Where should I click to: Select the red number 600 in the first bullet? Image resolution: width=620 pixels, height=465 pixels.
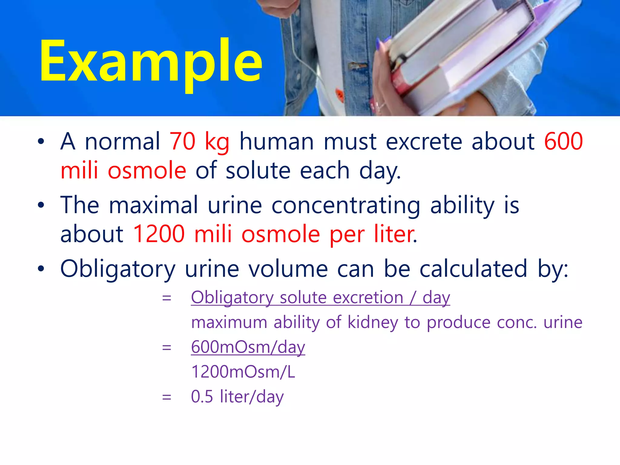[x=563, y=141]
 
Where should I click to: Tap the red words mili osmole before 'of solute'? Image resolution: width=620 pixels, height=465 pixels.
[x=123, y=170]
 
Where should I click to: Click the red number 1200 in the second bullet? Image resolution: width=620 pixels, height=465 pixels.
[x=159, y=234]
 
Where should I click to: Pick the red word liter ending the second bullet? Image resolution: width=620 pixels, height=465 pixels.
[x=395, y=234]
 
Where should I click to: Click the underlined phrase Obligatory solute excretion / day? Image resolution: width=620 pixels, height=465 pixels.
[x=320, y=298]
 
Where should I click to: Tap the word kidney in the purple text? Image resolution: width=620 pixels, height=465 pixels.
[x=372, y=322]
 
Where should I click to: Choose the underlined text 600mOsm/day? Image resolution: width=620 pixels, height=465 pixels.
[x=248, y=347]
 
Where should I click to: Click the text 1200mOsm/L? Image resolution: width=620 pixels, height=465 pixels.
[x=243, y=372]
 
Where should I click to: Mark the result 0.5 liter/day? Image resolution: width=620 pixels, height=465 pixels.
[x=237, y=397]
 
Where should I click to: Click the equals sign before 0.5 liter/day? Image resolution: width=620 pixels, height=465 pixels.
[x=167, y=397]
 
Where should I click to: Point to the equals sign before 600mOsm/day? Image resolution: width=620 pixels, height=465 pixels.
[x=167, y=348]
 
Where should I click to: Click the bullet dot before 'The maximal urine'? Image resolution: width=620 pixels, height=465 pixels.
[x=41, y=206]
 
